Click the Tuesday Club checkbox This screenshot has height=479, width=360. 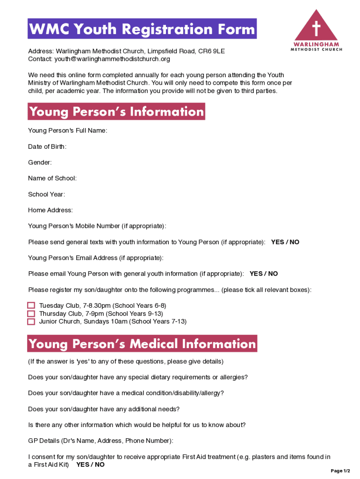pyautogui.click(x=31, y=306)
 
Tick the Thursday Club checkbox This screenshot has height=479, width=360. pyautogui.click(x=31, y=314)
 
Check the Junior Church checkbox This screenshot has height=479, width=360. pyautogui.click(x=31, y=322)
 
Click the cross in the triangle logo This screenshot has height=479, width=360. pyautogui.click(x=317, y=28)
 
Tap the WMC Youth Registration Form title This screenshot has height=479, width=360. pyautogui.click(x=142, y=29)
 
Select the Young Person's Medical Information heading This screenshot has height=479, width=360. pyautogui.click(x=142, y=344)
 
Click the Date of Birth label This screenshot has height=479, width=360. pyautogui.click(x=47, y=147)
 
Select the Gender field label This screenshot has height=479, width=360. pyautogui.click(x=40, y=163)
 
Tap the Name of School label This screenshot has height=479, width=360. pyautogui.click(x=52, y=178)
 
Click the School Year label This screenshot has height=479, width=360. pyautogui.click(x=46, y=194)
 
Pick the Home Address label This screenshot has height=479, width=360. pyautogui.click(x=50, y=210)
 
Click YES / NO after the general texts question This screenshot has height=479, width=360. pyautogui.click(x=285, y=242)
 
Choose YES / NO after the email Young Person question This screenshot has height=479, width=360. pyautogui.click(x=264, y=274)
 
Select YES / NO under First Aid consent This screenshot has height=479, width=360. pyautogui.click(x=90, y=465)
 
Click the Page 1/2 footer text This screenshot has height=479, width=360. pyautogui.click(x=340, y=471)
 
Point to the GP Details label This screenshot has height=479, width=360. pyautogui.click(x=101, y=441)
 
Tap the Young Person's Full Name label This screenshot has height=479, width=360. pyautogui.click(x=68, y=131)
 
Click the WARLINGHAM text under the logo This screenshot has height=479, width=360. pyautogui.click(x=317, y=44)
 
